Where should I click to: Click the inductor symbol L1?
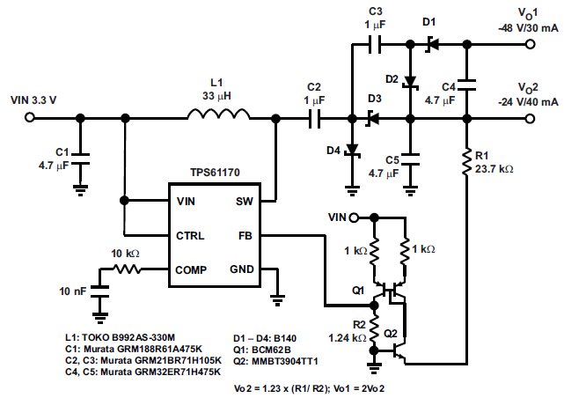point(218,114)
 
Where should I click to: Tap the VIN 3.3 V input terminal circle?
point(30,117)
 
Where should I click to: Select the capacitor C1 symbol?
point(80,158)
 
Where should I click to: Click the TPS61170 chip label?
point(215,173)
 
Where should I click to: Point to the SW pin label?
point(244,202)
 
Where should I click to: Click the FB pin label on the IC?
point(245,236)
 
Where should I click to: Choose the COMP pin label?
point(191,269)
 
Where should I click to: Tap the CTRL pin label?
point(190,236)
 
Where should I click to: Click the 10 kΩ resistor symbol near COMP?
point(127,269)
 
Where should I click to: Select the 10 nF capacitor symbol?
point(99,291)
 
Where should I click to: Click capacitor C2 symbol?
point(314,119)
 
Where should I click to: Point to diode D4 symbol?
point(352,150)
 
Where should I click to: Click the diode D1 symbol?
point(432,45)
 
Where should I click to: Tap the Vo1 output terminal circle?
point(530,44)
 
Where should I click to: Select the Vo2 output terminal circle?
point(530,119)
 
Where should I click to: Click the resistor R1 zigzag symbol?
point(466,162)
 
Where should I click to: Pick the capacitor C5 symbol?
point(410,159)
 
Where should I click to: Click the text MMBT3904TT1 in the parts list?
point(285,361)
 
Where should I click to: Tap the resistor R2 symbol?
point(374,329)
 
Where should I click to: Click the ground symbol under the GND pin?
point(277,300)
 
